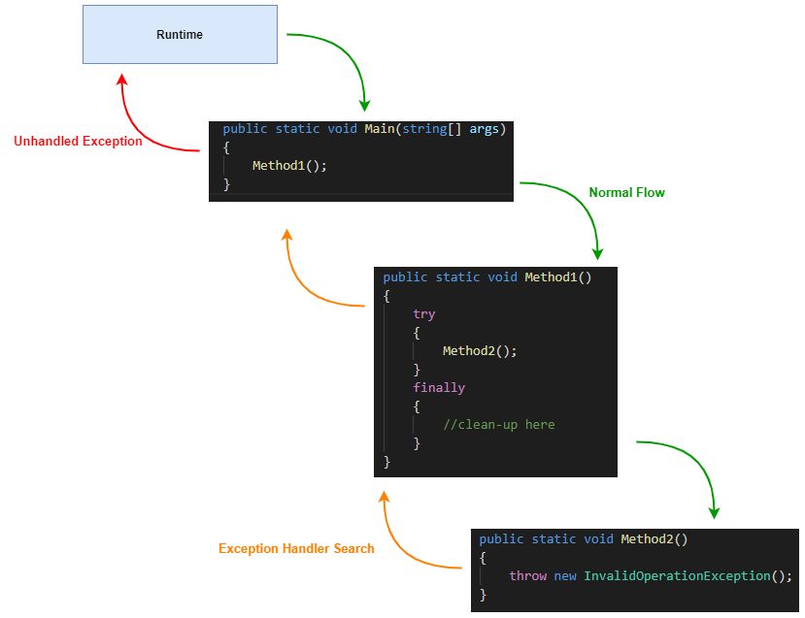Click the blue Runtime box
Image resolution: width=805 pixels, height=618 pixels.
180,35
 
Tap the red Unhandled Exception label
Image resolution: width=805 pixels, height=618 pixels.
78,142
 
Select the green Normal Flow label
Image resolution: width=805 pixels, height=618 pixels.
626,193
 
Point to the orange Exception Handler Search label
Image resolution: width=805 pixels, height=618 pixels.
296,549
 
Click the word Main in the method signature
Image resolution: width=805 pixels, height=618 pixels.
380,129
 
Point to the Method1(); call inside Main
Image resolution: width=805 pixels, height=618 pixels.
289,166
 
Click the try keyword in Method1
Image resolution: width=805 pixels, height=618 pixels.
423,314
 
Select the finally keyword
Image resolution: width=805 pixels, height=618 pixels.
439,388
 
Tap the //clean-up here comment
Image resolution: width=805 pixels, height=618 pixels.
498,425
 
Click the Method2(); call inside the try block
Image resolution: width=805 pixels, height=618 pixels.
480,351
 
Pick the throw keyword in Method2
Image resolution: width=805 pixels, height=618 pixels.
528,576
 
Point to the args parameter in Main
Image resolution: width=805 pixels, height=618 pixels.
484,129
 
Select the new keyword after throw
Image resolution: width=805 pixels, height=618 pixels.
565,576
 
